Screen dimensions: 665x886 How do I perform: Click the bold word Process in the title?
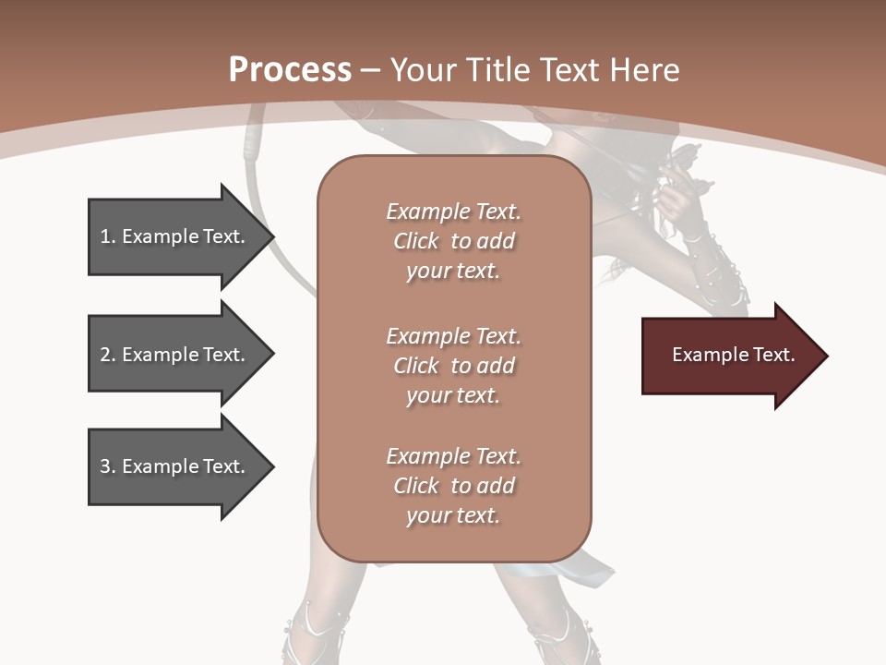click(x=290, y=70)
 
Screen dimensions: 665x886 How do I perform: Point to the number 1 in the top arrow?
click(x=105, y=236)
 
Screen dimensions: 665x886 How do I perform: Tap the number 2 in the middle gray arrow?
click(x=105, y=355)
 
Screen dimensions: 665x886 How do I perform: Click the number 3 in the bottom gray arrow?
click(x=105, y=466)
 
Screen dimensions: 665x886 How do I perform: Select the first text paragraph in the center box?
click(x=453, y=241)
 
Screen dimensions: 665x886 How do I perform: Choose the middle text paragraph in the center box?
click(x=453, y=366)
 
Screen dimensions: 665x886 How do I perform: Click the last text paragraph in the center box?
click(x=453, y=486)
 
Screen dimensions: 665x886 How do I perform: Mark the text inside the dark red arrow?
click(x=733, y=355)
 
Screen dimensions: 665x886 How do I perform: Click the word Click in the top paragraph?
click(x=416, y=241)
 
